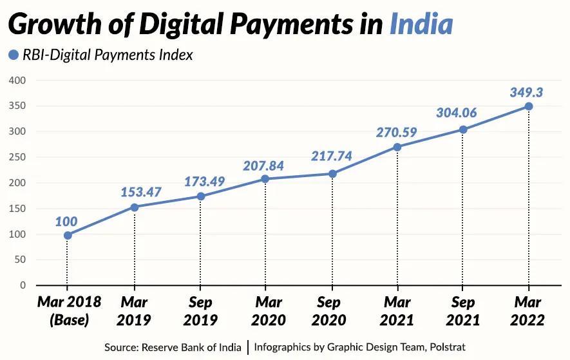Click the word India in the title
(421, 24)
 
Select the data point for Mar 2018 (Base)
(68, 235)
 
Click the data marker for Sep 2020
(332, 174)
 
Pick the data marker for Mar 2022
(528, 106)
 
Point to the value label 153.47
(140, 192)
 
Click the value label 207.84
(263, 166)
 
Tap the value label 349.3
(526, 92)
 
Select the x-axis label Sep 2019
(201, 311)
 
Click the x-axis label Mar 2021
(397, 311)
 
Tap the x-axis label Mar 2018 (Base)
(68, 311)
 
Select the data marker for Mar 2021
(397, 147)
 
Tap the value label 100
(66, 222)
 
